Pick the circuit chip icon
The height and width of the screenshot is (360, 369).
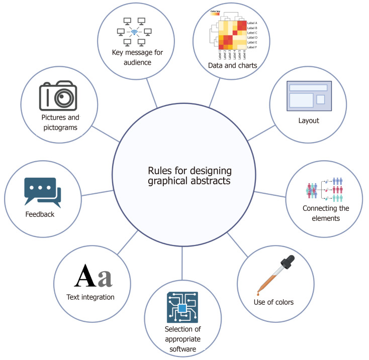(x=182, y=307)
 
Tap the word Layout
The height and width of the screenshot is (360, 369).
(x=308, y=121)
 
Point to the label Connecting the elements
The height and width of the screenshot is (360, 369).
(x=325, y=213)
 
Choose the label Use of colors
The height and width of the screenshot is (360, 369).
(x=273, y=302)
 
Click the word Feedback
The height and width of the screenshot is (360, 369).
(x=39, y=214)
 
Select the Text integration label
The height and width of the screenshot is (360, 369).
(x=90, y=297)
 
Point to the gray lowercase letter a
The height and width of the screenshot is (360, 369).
(x=105, y=278)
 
